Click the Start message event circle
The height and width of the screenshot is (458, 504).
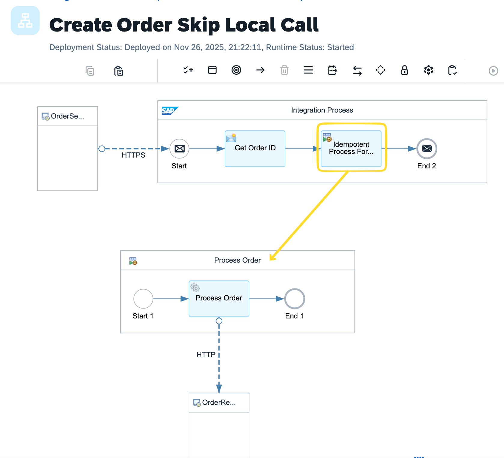(x=179, y=149)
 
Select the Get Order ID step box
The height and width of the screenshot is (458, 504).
(x=255, y=149)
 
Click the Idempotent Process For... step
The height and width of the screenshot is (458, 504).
(x=351, y=149)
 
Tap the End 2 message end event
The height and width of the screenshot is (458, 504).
(x=427, y=149)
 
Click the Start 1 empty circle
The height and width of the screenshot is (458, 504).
(x=143, y=299)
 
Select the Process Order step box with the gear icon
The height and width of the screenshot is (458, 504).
(x=219, y=299)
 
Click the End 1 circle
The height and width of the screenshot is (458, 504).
(x=294, y=299)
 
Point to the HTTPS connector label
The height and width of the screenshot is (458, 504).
(x=133, y=155)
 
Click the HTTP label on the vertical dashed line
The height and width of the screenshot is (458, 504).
(x=206, y=355)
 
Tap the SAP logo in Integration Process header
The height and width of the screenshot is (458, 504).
(x=169, y=111)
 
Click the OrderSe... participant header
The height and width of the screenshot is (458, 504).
(x=67, y=116)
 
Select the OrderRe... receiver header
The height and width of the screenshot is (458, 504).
(x=219, y=402)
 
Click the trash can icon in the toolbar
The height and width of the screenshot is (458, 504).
(x=284, y=70)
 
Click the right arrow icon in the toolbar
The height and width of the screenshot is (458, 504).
(x=260, y=70)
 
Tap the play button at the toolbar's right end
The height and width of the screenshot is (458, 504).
(x=493, y=71)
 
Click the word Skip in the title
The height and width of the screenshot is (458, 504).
(x=198, y=25)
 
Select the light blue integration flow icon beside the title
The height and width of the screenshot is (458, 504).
(x=25, y=20)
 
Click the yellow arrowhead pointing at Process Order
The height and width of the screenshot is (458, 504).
(x=272, y=258)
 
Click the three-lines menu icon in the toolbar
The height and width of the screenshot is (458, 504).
(x=308, y=70)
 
